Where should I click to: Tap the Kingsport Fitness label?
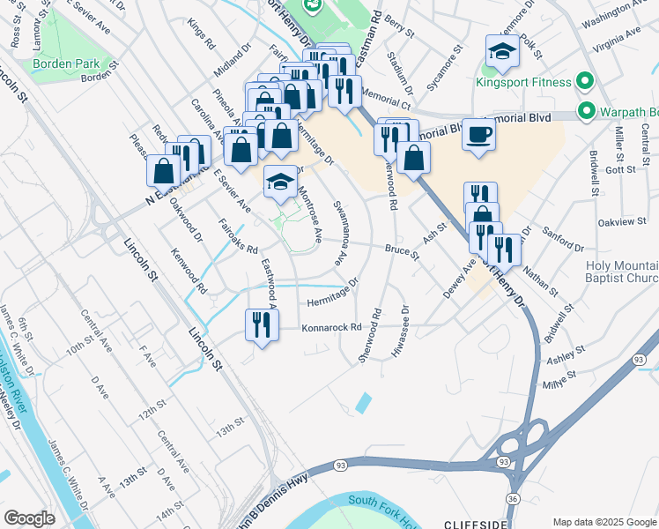click(x=523, y=84)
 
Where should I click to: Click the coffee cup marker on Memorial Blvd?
click(x=478, y=135)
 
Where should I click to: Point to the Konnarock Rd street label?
click(x=332, y=327)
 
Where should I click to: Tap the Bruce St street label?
click(x=401, y=250)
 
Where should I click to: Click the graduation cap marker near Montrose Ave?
click(x=280, y=182)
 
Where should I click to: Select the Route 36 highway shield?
click(x=512, y=500)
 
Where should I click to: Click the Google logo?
click(x=29, y=518)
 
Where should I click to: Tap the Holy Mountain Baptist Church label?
click(x=620, y=272)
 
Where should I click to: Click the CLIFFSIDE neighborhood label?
click(x=477, y=523)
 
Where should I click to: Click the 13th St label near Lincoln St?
click(x=230, y=427)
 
